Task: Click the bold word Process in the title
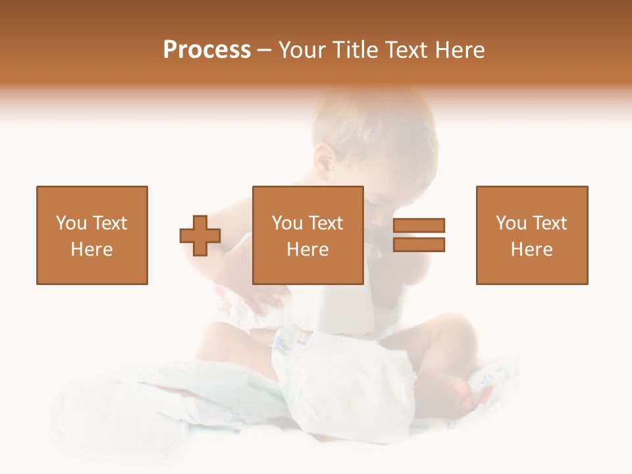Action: point(207,49)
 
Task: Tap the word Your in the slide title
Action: point(303,49)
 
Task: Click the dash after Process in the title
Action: point(265,51)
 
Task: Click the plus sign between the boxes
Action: point(200,235)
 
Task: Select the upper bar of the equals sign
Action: point(419,225)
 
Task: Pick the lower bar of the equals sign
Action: point(419,244)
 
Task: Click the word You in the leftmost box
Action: point(70,223)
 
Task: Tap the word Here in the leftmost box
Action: point(92,250)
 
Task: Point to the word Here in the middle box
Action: point(307,250)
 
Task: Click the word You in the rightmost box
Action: point(511,223)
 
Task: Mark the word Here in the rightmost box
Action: point(531,250)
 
